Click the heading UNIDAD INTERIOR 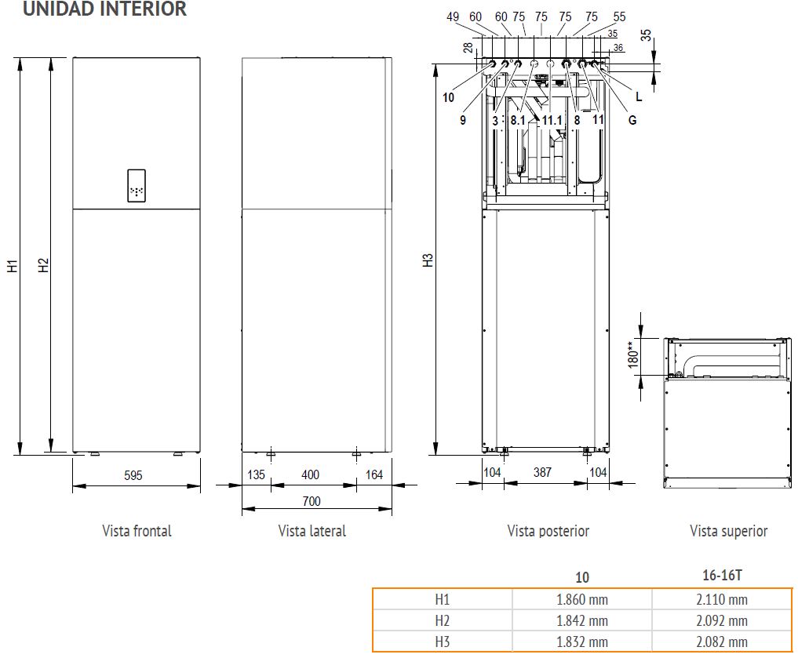[104, 9]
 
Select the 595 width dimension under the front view [133, 475]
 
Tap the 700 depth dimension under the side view [312, 501]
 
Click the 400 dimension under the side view [312, 475]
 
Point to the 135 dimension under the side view [256, 475]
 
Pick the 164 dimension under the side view [373, 475]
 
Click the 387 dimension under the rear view [543, 472]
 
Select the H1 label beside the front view [13, 266]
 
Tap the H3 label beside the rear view [428, 260]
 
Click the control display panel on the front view [137, 186]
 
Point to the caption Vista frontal [137, 531]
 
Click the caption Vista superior [728, 531]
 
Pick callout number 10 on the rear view [448, 98]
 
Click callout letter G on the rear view [632, 120]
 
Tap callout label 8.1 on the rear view [518, 120]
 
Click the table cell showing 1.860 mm [581, 600]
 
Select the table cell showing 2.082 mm [721, 642]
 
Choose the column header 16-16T [721, 575]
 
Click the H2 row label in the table [443, 620]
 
